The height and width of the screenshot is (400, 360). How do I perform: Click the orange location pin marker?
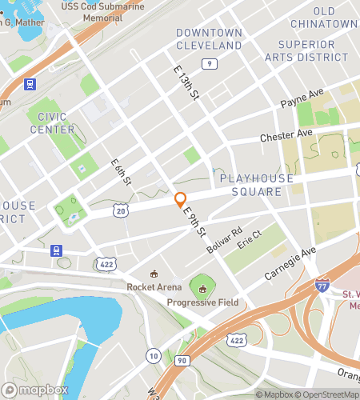click(x=181, y=200)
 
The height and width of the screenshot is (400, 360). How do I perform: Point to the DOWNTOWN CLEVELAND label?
click(x=209, y=39)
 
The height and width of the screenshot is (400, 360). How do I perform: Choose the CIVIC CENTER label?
click(x=51, y=123)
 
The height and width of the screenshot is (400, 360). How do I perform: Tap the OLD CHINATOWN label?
click(x=334, y=18)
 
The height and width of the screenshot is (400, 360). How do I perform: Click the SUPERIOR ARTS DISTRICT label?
click(x=313, y=50)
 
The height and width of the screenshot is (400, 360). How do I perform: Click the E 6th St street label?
click(x=121, y=173)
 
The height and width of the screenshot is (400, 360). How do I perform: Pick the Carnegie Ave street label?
click(x=291, y=262)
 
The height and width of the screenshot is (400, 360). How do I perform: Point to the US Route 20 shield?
click(x=120, y=210)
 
